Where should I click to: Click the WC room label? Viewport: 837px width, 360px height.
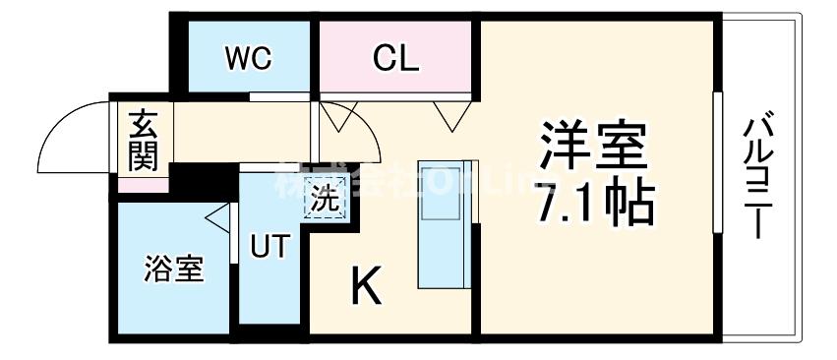tap(248, 58)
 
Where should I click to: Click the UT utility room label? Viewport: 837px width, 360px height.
tap(269, 246)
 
